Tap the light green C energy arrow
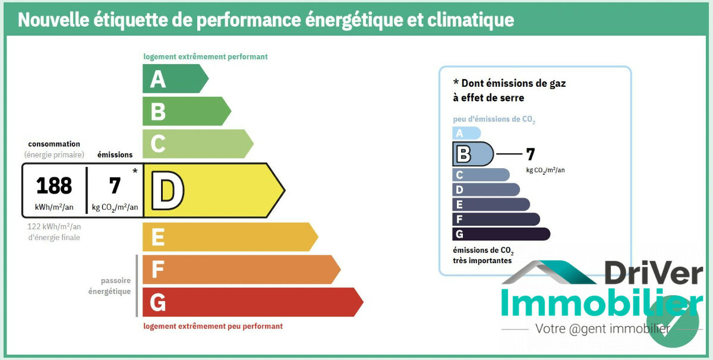[197, 144]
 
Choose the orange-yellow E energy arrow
[229, 237]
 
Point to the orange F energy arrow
[240, 270]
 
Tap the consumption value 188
[54, 185]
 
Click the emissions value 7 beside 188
[115, 185]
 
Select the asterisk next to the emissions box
[135, 172]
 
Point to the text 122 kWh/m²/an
[54, 226]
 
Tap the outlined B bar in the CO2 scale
[472, 154]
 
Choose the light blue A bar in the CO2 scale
[466, 134]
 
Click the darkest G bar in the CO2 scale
[500, 234]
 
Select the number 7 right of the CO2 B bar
[530, 154]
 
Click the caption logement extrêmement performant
[206, 57]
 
